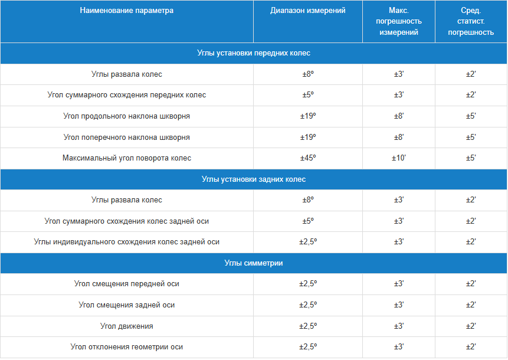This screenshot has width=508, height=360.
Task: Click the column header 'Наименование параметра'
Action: point(127,11)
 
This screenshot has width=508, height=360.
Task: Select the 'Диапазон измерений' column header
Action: point(308,11)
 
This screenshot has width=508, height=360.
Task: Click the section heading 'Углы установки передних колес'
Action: point(254,53)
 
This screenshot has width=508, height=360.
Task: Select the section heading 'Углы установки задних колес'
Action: point(254,179)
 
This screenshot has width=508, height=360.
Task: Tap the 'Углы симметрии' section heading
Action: point(254,263)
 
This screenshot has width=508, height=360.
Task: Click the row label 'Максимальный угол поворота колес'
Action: point(127,158)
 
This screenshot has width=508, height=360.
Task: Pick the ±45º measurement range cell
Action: point(308,158)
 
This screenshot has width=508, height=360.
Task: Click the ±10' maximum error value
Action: point(399,158)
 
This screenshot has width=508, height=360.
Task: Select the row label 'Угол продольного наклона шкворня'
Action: point(127,116)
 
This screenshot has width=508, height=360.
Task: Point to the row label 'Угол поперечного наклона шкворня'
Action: point(127,138)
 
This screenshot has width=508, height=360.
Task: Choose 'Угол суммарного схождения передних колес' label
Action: point(127,95)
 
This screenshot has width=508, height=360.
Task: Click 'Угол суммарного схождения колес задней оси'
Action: point(127,221)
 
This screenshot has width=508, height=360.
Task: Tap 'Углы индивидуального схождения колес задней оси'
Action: point(127,242)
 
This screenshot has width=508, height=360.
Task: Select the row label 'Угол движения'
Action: point(127,326)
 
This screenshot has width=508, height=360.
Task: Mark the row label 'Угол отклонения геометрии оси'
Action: point(127,347)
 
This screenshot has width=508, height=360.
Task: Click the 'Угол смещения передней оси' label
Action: point(127,284)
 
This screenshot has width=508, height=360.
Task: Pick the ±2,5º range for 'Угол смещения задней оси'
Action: point(308,305)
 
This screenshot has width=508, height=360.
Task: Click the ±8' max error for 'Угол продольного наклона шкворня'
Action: point(399,116)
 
